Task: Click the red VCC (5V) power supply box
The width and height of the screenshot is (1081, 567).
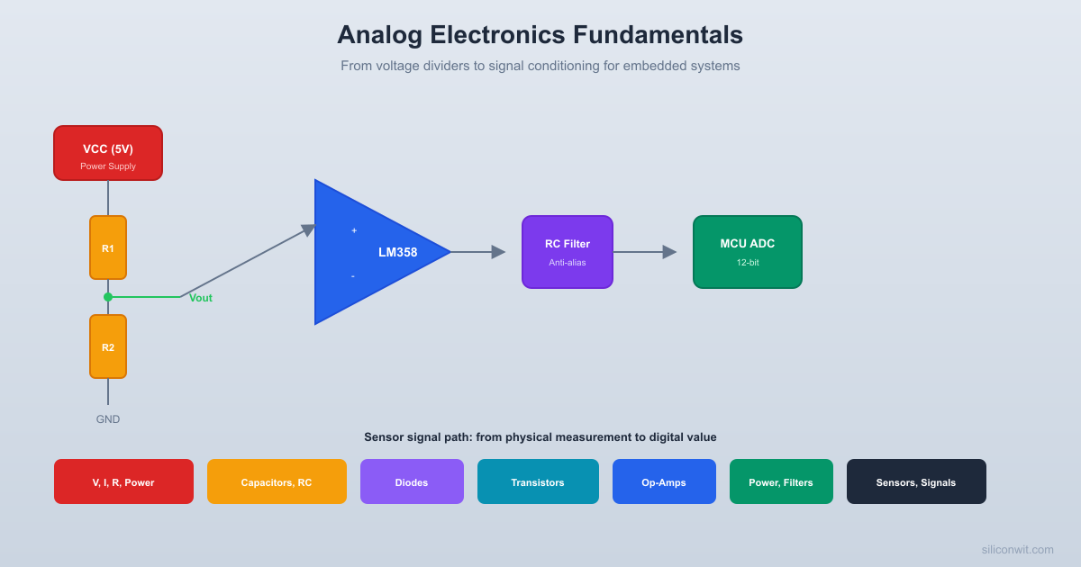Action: [108, 153]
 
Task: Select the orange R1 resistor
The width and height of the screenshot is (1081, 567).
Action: [108, 247]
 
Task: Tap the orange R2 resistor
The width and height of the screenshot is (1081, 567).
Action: [108, 346]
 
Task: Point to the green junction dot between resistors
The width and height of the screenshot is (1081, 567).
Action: [108, 297]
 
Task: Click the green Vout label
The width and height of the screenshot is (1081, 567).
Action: [201, 298]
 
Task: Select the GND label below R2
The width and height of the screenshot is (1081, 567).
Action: [108, 419]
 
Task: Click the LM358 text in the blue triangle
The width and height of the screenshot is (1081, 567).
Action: [397, 253]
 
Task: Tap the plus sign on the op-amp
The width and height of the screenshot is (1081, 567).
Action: [354, 231]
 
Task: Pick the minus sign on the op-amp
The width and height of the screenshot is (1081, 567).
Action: [352, 275]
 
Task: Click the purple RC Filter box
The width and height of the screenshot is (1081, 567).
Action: [568, 252]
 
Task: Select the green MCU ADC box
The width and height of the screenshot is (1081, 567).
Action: [748, 252]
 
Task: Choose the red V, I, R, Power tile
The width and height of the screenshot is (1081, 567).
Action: [123, 481]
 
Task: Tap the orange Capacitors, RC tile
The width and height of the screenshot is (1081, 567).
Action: [277, 481]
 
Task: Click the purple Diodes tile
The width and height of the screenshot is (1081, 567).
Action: [412, 481]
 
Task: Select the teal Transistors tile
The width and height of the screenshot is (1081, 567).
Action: [538, 481]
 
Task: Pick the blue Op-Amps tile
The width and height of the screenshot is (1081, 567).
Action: [664, 481]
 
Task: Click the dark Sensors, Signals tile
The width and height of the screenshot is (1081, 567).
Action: [916, 481]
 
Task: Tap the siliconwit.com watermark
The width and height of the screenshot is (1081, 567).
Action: [1017, 550]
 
